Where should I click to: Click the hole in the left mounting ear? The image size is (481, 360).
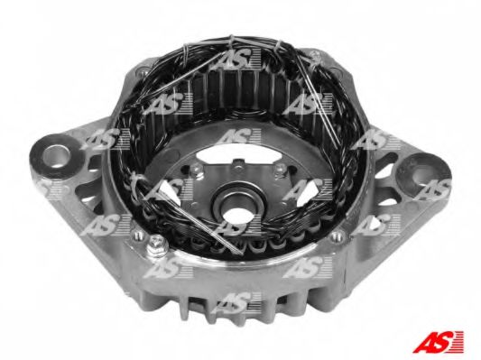tap(56, 156)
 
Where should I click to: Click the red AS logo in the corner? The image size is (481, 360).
tap(438, 341)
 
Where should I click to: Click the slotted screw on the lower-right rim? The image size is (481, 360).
tap(337, 235)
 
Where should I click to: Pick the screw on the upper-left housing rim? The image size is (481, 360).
tap(143, 72)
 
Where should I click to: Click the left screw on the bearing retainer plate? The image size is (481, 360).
tap(196, 171)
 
